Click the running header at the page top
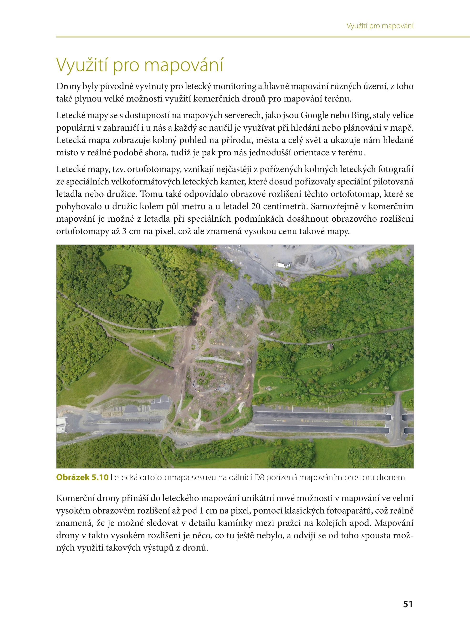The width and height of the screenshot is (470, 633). tap(380, 26)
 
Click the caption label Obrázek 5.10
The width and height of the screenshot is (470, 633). tap(82, 477)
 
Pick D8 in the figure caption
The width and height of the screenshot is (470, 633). tap(260, 477)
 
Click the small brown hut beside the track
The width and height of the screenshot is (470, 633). tap(330, 346)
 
